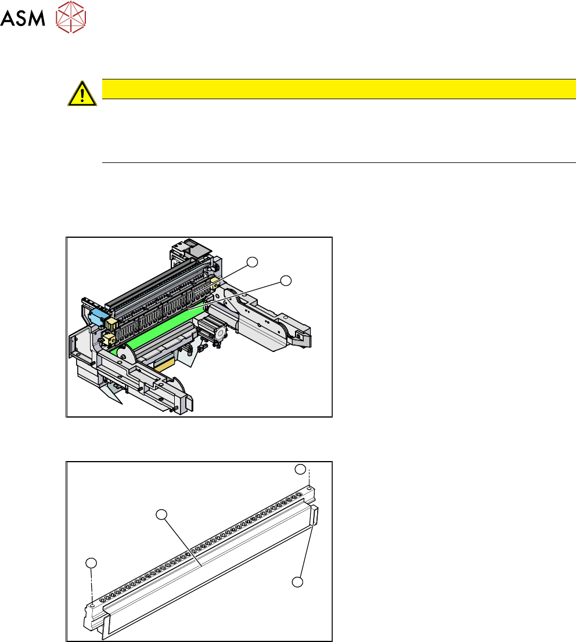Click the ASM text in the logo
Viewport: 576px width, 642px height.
(x=23, y=18)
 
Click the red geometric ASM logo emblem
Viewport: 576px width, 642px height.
(x=70, y=17)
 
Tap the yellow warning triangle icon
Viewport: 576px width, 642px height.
(x=82, y=94)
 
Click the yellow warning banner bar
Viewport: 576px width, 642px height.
(x=339, y=89)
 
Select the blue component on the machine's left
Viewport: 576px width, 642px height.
(x=97, y=317)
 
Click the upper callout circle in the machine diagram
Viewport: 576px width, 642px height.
(x=252, y=262)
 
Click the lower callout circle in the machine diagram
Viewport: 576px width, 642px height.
(x=286, y=281)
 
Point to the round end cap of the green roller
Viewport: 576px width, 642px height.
(x=127, y=354)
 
